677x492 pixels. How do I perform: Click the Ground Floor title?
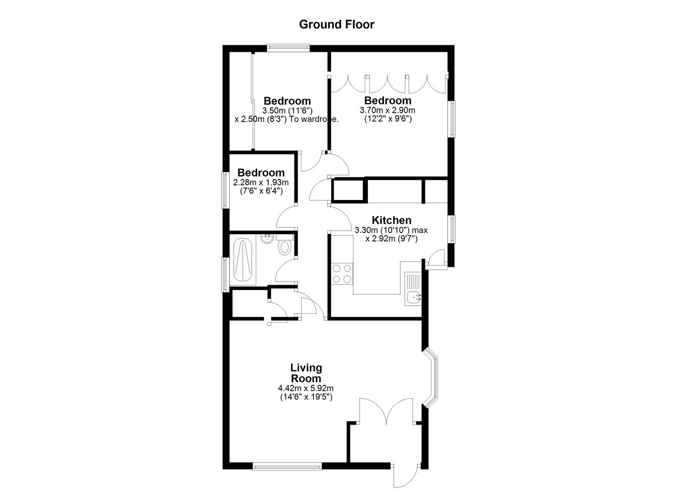click(336, 24)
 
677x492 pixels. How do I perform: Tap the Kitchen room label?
click(391, 220)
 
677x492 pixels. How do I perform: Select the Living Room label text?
click(306, 373)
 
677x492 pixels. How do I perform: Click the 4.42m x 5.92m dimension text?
click(306, 389)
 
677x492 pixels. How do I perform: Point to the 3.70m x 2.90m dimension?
click(388, 110)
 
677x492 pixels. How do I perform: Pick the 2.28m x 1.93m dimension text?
click(261, 183)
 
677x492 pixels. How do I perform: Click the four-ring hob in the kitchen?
click(342, 273)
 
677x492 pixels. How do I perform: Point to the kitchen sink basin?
click(414, 297)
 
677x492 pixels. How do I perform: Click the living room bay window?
click(432, 377)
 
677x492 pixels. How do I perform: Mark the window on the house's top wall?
click(288, 47)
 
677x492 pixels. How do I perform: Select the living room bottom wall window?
click(287, 466)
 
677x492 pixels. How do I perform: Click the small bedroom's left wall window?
click(225, 190)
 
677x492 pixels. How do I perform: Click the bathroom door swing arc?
click(286, 270)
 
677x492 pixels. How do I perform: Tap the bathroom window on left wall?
click(225, 274)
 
